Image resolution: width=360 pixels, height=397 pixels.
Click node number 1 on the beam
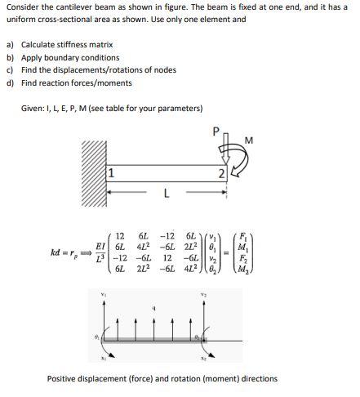point(111,173)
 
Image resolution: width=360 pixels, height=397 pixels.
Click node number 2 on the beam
point(220,173)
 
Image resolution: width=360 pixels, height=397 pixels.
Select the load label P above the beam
point(216,130)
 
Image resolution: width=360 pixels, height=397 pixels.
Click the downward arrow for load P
point(226,147)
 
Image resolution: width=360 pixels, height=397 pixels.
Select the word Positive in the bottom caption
point(63,378)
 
